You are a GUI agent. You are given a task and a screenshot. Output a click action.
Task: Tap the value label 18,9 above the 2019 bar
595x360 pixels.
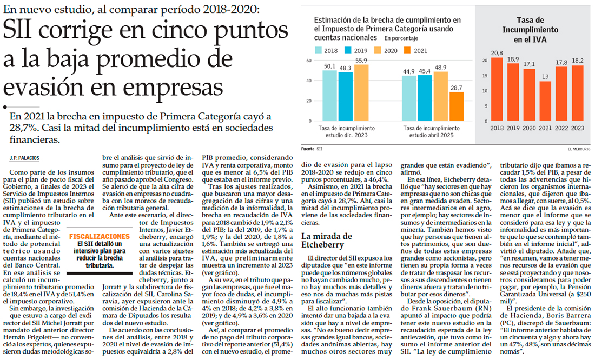click(x=513, y=58)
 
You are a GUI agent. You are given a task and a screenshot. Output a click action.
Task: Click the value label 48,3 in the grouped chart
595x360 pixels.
click(x=346, y=69)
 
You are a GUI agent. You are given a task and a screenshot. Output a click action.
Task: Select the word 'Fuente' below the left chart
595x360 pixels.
click(x=307, y=148)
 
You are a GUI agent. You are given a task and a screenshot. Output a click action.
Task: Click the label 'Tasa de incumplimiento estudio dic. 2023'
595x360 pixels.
click(x=346, y=131)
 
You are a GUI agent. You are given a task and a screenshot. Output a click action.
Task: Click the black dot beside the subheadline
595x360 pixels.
click(x=4, y=106)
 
